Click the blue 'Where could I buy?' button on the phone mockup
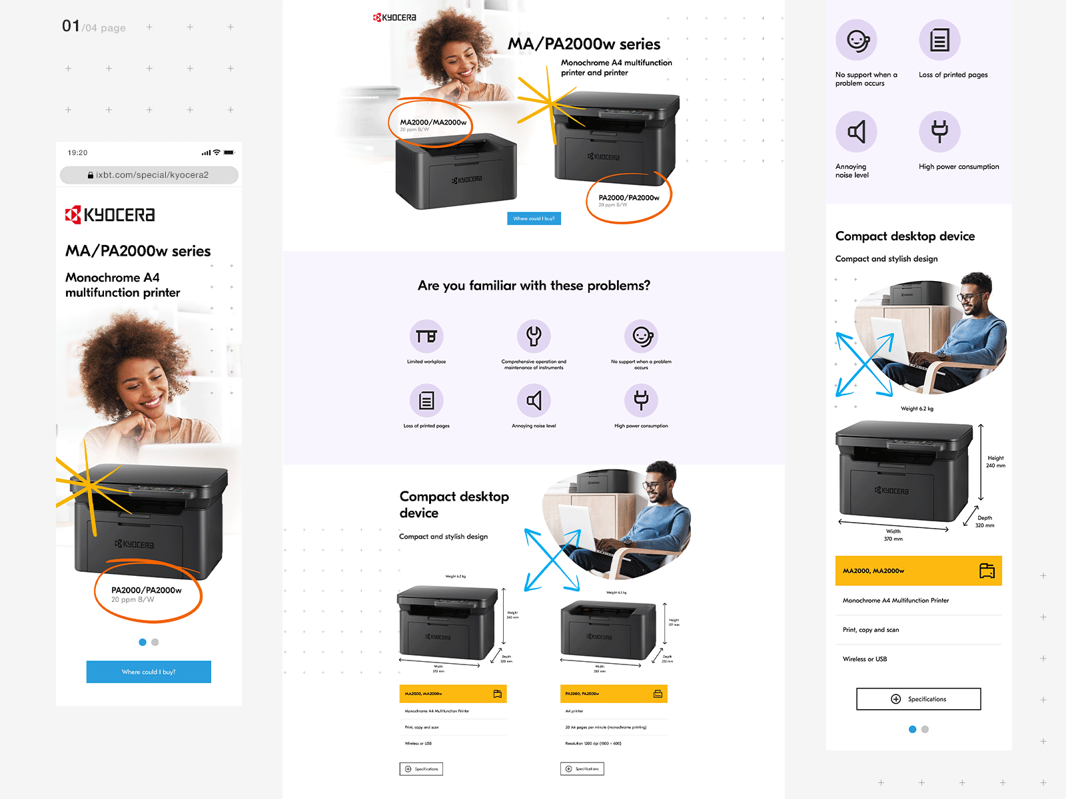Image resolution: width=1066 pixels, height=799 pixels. pyautogui.click(x=149, y=672)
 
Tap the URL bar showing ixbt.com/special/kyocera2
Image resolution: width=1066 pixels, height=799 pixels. pyautogui.click(x=149, y=175)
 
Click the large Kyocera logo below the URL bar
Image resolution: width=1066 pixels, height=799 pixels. pyautogui.click(x=110, y=214)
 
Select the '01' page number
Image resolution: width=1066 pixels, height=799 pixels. pyautogui.click(x=71, y=26)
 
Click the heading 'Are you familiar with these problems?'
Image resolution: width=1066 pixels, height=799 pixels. pyautogui.click(x=534, y=286)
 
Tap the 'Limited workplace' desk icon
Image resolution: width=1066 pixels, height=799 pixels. pyautogui.click(x=426, y=336)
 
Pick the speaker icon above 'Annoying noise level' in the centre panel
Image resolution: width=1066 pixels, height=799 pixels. pyautogui.click(x=534, y=400)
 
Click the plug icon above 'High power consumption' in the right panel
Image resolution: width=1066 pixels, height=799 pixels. pyautogui.click(x=939, y=131)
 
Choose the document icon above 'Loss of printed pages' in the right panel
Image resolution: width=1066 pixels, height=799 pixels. pyautogui.click(x=939, y=40)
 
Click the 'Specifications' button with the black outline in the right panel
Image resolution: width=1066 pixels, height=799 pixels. pyautogui.click(x=918, y=699)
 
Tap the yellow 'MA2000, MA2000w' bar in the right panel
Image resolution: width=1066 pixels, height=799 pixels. pyautogui.click(x=918, y=571)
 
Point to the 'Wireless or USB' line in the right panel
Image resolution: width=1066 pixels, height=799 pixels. pyautogui.click(x=865, y=659)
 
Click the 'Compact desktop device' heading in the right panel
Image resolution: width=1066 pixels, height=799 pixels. pyautogui.click(x=905, y=236)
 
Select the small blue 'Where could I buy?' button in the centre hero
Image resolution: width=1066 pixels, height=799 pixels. pyautogui.click(x=534, y=218)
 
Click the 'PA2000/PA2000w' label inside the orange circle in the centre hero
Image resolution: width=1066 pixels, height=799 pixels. pyautogui.click(x=629, y=198)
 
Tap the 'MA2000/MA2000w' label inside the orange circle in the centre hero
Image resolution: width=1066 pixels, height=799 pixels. pyautogui.click(x=433, y=123)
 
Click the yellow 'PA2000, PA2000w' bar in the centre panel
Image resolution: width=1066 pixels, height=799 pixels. pyautogui.click(x=614, y=694)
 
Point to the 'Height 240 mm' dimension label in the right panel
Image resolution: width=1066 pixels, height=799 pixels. pyautogui.click(x=995, y=461)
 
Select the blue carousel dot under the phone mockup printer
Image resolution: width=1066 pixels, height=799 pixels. pyautogui.click(x=143, y=643)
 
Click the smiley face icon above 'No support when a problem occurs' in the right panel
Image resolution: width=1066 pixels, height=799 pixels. pyautogui.click(x=857, y=41)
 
